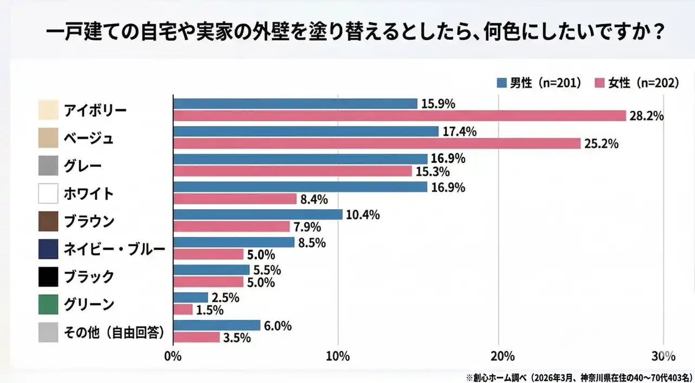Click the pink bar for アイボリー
point(400,116)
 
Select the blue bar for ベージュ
point(306,131)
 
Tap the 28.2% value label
point(647,116)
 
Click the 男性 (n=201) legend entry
point(539,83)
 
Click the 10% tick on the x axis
point(338,357)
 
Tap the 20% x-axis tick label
point(502,357)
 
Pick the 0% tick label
point(173,357)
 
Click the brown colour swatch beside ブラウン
point(48,221)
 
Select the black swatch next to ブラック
point(48,277)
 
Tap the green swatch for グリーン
point(48,304)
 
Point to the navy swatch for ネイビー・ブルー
point(48,249)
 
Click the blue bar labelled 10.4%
point(257,215)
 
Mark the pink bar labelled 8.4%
point(235,199)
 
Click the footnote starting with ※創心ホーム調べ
point(578,376)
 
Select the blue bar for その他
point(217,325)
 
